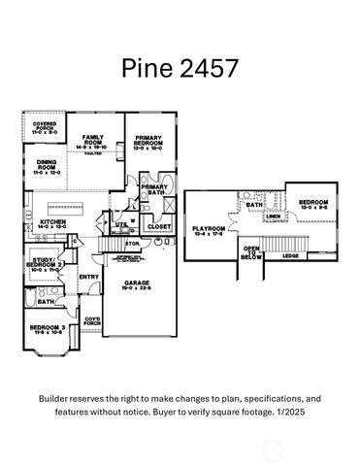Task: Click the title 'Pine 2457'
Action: click(180, 67)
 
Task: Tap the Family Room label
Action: click(94, 142)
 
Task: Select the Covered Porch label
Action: click(44, 127)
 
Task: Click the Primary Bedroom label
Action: click(148, 142)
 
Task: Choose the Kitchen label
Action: click(54, 224)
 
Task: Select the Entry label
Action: click(88, 278)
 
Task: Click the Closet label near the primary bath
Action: click(158, 227)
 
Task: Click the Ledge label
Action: click(290, 256)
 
